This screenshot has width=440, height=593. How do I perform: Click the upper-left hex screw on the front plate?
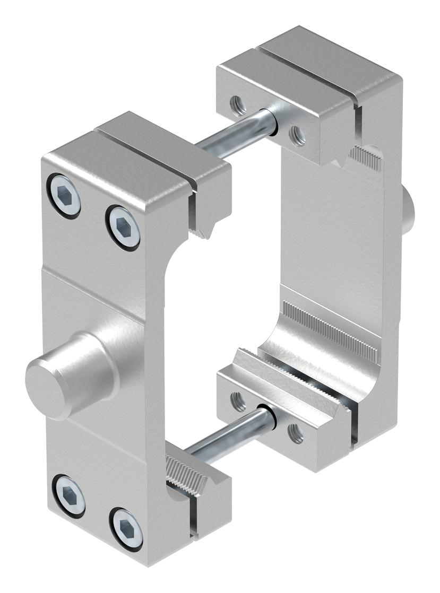pos(64,196)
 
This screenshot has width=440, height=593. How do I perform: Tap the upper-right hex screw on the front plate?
pos(123,227)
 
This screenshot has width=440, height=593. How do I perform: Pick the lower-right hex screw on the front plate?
pos(126,528)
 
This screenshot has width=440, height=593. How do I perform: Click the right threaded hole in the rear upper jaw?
pos(297,136)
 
